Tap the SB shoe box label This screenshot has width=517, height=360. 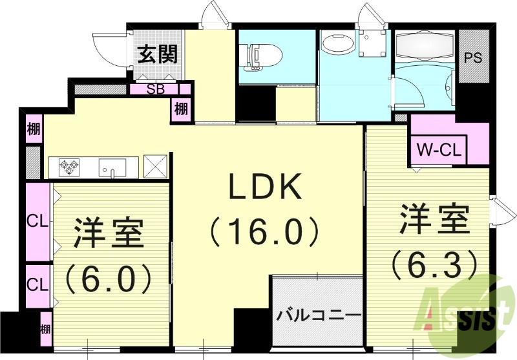[x=155, y=89]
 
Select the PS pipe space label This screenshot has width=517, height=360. [x=474, y=56]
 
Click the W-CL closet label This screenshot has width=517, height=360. [x=438, y=151]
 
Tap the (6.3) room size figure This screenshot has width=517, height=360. [x=434, y=263]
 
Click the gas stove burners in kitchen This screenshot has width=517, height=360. [x=70, y=167]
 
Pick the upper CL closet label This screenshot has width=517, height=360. [x=37, y=220]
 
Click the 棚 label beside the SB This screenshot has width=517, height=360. [x=180, y=109]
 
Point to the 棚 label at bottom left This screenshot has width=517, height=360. [x=45, y=328]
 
